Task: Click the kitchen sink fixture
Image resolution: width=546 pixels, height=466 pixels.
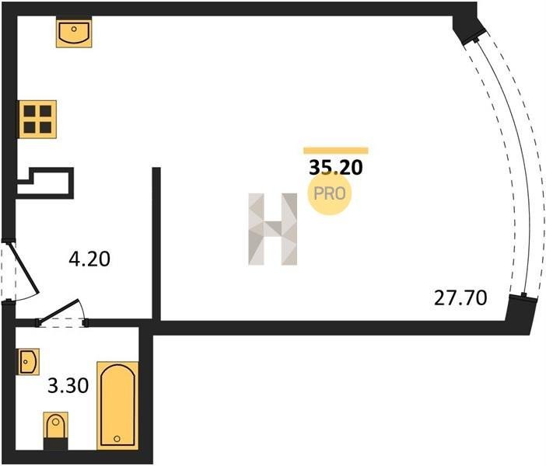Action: [x=74, y=33]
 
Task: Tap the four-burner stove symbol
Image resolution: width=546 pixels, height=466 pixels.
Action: [x=37, y=120]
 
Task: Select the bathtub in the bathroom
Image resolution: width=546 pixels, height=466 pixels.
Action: [x=117, y=405]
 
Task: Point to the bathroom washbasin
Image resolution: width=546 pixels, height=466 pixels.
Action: [x=29, y=362]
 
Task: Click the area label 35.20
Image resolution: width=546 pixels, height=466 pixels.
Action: [x=336, y=168]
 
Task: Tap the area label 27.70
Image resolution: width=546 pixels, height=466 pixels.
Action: [x=460, y=298]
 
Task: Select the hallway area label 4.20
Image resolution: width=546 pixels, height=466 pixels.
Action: [x=89, y=259]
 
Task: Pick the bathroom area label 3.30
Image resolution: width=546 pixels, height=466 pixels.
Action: [x=68, y=386]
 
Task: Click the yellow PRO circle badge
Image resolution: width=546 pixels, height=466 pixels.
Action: [x=329, y=193]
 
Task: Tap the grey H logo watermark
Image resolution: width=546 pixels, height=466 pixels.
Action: [x=273, y=229]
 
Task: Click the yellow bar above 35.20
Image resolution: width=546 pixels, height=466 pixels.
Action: [x=336, y=151]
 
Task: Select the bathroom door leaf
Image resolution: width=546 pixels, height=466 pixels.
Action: [x=58, y=311]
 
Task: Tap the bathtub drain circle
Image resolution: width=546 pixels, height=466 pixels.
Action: [x=117, y=439]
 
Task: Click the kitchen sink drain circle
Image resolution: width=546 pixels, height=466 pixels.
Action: [x=74, y=29]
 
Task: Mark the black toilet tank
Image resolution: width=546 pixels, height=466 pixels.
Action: [x=55, y=444]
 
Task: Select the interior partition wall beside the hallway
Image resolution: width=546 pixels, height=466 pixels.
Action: [x=156, y=244]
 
